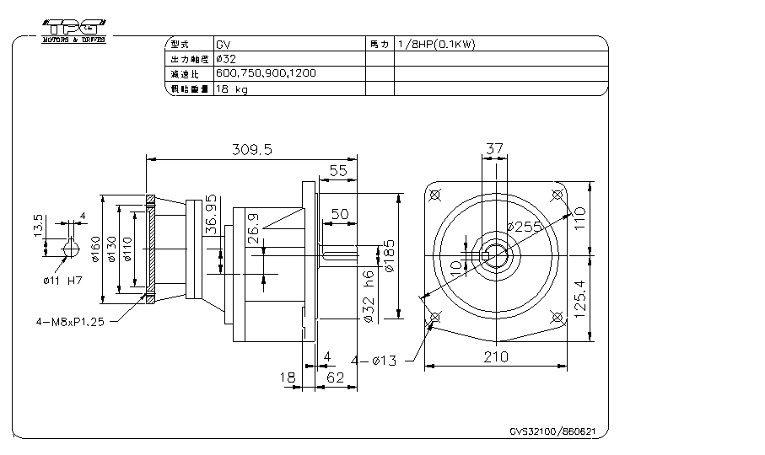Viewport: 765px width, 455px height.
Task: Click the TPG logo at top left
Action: point(73,27)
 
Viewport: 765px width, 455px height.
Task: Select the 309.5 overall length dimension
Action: point(251,150)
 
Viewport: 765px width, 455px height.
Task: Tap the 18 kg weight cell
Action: point(232,89)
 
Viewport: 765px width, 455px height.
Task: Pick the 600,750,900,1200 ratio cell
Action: point(266,74)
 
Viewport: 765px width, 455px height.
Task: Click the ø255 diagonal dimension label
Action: point(524,227)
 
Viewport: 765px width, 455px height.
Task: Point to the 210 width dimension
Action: point(496,356)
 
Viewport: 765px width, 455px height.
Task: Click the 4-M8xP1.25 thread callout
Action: point(71,321)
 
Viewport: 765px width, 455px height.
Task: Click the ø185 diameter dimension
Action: point(389,254)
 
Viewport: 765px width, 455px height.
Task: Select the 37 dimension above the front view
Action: point(495,149)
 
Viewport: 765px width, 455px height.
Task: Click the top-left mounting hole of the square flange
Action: point(435,195)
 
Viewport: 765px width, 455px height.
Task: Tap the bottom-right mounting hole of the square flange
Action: point(556,316)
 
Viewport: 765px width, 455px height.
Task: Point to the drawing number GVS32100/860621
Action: point(552,431)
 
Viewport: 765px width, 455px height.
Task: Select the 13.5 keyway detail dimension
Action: point(38,225)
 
